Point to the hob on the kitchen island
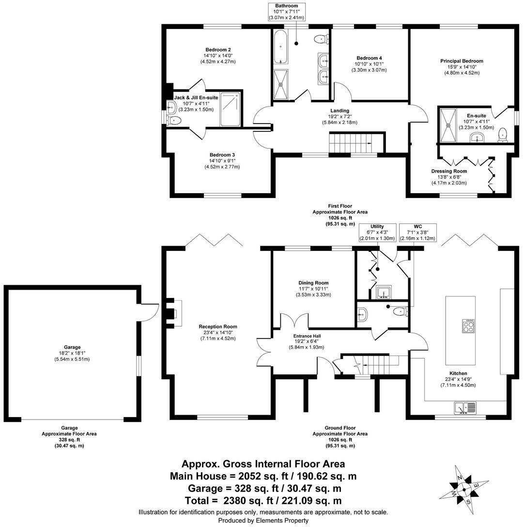(x=468, y=326)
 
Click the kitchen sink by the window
(x=465, y=408)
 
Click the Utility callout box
(x=377, y=232)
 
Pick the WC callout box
(x=417, y=232)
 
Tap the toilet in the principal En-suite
(x=503, y=135)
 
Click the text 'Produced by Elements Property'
(x=263, y=520)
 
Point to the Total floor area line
(x=263, y=500)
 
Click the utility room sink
(x=385, y=293)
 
